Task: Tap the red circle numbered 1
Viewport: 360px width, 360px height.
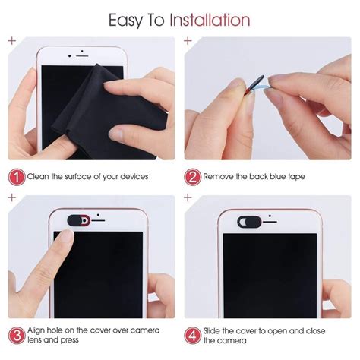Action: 16,176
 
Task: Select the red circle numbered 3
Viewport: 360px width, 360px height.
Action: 16,336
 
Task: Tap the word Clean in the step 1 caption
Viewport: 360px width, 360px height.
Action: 41,176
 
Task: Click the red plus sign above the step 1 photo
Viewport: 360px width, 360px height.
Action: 11,39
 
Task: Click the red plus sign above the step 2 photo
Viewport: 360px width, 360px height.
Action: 188,39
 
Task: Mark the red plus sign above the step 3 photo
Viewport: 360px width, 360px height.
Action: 11,198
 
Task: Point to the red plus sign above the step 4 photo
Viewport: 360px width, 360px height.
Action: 188,198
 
